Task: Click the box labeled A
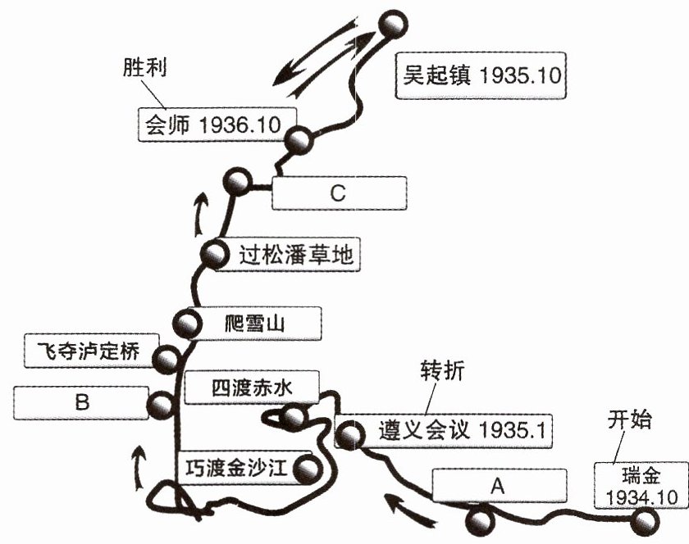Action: click(x=500, y=485)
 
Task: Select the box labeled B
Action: click(x=81, y=402)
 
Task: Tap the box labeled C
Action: click(x=339, y=193)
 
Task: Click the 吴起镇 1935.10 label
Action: click(x=481, y=75)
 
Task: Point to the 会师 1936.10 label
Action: click(x=217, y=125)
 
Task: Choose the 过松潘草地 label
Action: click(x=287, y=255)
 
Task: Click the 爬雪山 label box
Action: click(x=255, y=324)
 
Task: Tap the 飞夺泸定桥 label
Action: click(x=91, y=351)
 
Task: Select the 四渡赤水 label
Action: click(x=252, y=388)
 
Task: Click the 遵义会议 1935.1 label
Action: click(x=444, y=431)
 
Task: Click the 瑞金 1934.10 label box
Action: click(x=641, y=485)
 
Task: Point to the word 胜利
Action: click(x=144, y=68)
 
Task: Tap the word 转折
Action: click(x=442, y=370)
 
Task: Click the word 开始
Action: click(x=630, y=419)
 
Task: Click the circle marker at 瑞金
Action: click(x=645, y=522)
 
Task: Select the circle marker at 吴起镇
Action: click(x=393, y=25)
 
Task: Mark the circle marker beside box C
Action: click(x=238, y=181)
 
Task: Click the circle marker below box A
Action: click(x=480, y=521)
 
